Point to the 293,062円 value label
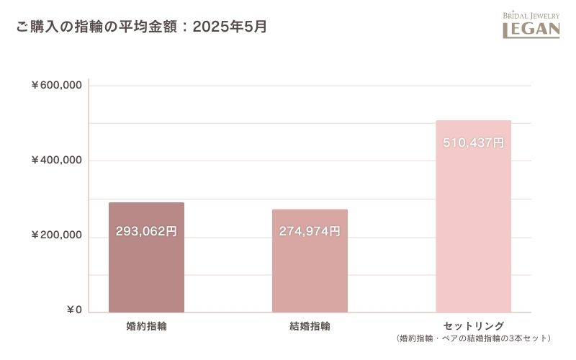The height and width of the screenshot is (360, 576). pos(146,232)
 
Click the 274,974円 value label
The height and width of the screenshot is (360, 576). pos(310,232)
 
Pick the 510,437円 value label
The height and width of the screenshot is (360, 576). pos(473,143)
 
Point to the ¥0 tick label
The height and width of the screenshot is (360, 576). pos(74,310)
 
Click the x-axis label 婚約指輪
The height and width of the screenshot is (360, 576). pos(146,326)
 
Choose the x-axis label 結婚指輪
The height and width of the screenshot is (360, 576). pos(310,326)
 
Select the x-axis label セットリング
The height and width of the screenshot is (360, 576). pos(473,325)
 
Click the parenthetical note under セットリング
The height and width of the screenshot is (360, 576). pos(473,338)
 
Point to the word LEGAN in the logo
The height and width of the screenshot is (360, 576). pos(531,30)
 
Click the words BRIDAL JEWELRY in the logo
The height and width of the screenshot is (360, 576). pos(531,15)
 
